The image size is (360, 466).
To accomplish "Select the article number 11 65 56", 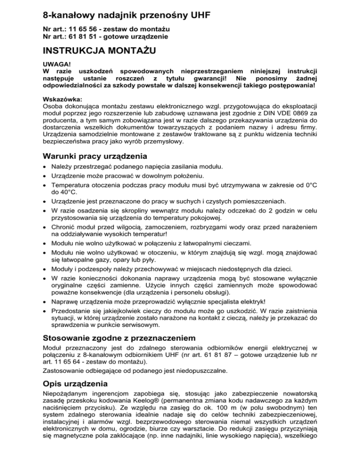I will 81,29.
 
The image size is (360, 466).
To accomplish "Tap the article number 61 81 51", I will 81,36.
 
